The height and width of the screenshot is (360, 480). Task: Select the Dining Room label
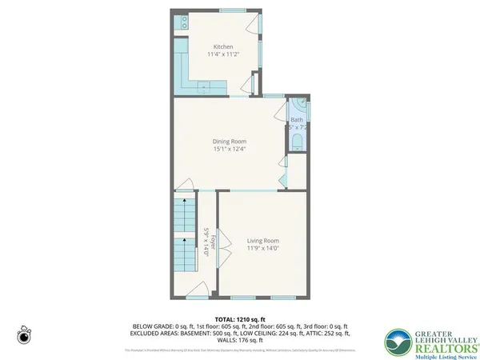point(229,141)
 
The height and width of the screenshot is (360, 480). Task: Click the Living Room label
point(262,240)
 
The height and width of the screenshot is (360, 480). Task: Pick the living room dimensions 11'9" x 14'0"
point(262,249)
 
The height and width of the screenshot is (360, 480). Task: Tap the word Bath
point(296,120)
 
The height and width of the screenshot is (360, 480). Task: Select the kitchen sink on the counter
point(204,85)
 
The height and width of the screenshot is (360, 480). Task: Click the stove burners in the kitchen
point(183,22)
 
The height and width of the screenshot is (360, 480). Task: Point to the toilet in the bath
point(297,142)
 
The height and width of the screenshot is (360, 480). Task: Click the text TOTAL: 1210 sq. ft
point(240,318)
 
